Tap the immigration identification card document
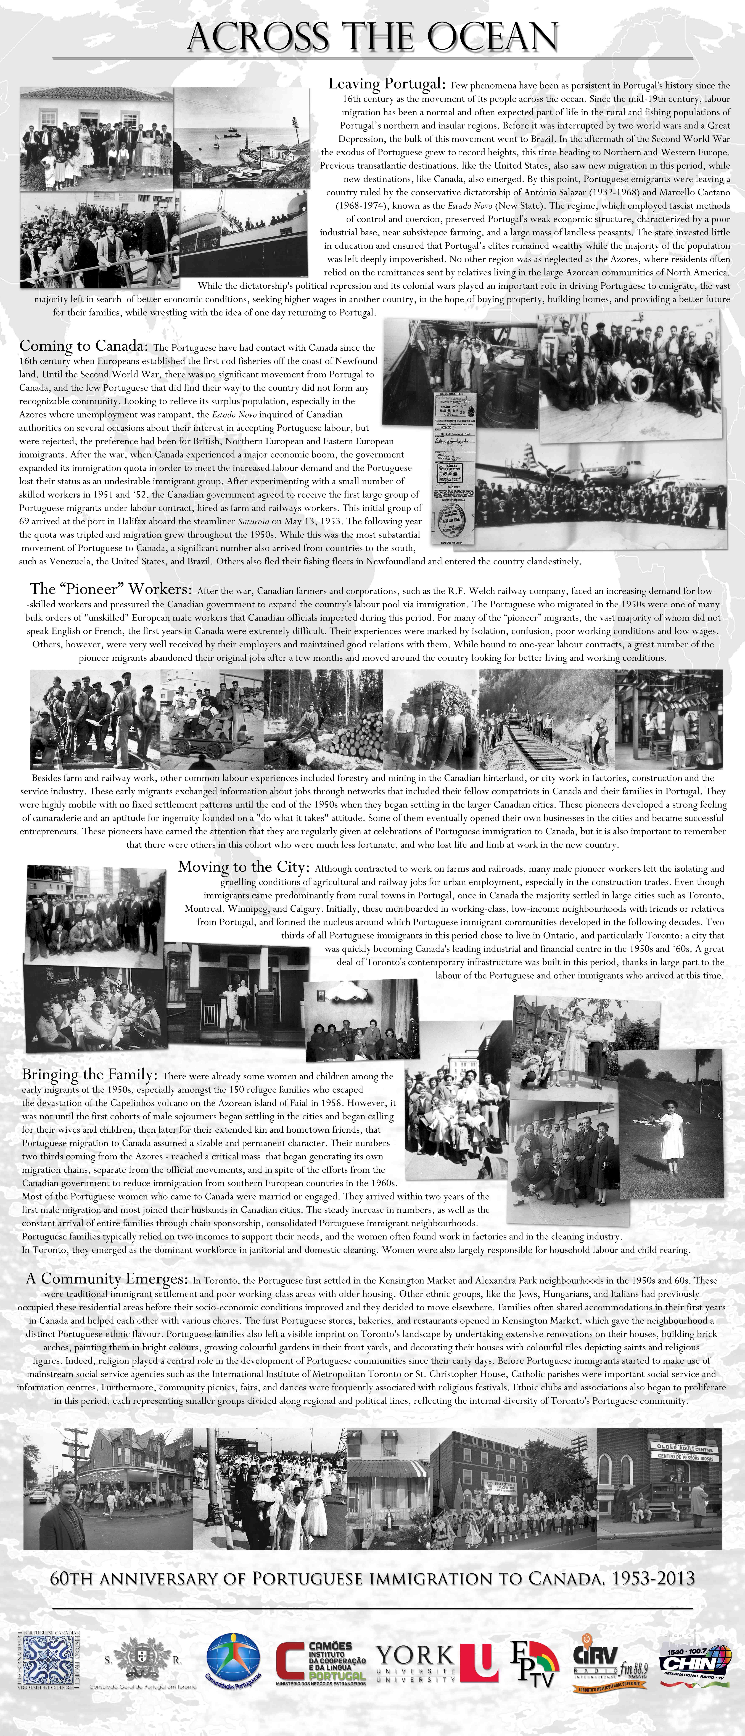pos(453,466)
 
